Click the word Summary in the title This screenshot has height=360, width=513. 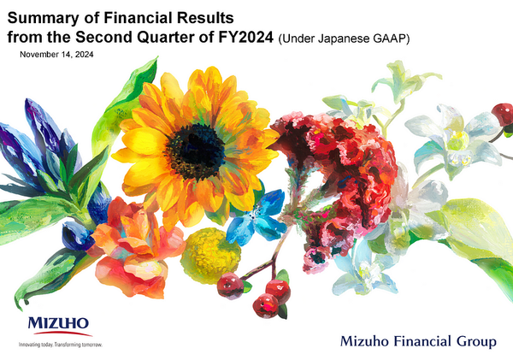tap(43, 16)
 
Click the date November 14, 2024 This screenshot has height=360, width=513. tap(56, 54)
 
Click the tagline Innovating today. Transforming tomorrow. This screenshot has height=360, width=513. tap(61, 344)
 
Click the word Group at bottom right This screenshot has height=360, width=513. tap(475, 342)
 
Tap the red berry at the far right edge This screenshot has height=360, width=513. tap(503, 114)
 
